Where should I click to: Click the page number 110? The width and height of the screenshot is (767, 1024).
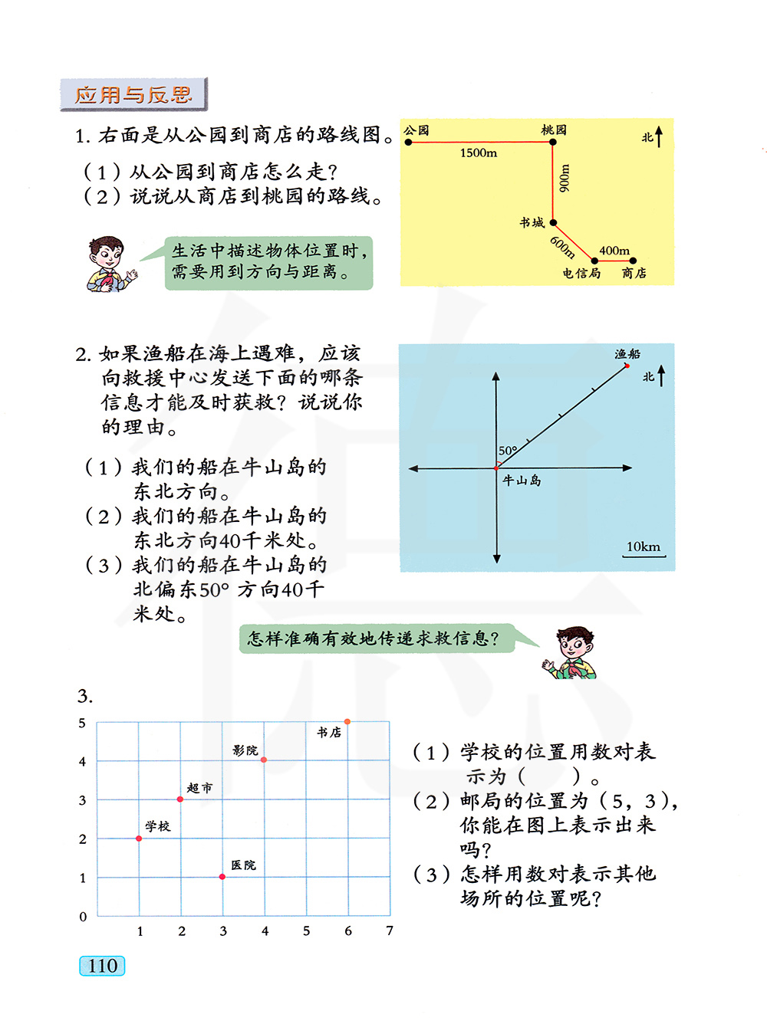pos(102,966)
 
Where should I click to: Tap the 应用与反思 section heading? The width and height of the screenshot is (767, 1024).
pos(133,95)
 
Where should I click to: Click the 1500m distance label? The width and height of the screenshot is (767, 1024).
pos(479,153)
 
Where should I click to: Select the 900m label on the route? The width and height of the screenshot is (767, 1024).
pos(565,179)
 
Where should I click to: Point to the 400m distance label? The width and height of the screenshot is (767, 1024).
pos(614,251)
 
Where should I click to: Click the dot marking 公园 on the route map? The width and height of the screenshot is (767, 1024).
pos(409,142)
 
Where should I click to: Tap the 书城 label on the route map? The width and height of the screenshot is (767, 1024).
pos(532,222)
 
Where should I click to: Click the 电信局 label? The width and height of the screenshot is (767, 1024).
pos(581,273)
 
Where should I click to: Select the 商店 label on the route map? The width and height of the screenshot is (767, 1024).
pos(634,273)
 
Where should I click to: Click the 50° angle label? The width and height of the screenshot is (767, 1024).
pos(508,451)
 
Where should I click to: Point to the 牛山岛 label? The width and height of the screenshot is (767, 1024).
pos(522,481)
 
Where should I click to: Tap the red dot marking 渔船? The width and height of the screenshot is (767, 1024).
pos(627,366)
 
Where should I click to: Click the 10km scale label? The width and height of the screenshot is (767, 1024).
pos(643,546)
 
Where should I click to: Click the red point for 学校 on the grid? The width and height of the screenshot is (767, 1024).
pos(139,839)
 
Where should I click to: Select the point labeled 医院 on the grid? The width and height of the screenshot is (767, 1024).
pos(222,877)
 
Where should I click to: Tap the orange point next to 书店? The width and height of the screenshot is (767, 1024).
pos(347,722)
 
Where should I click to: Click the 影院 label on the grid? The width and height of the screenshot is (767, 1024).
pos(245,750)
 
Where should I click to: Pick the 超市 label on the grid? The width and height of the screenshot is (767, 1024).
pos(199,788)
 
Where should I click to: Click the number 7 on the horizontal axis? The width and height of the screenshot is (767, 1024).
pos(390,930)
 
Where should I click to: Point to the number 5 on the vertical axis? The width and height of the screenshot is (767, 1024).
pos(82,723)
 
